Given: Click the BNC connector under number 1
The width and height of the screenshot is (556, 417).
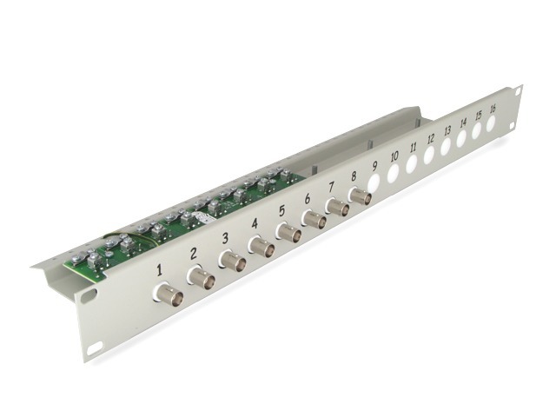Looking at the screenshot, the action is [x=168, y=293].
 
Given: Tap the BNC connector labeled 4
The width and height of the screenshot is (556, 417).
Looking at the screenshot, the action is [x=261, y=247].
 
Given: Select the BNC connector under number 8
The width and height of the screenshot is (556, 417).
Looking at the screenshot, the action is [x=360, y=195].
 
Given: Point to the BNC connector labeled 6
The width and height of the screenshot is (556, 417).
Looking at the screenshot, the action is [x=314, y=220].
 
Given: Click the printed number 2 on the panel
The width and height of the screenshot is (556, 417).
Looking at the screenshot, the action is [x=193, y=254].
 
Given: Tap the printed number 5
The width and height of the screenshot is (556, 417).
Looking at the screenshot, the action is [x=281, y=210].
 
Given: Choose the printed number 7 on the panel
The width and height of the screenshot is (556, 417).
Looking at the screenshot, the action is [x=331, y=187].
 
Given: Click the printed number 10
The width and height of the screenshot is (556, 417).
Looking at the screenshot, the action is [x=394, y=156].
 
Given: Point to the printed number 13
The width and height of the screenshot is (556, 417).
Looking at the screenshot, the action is [x=447, y=130].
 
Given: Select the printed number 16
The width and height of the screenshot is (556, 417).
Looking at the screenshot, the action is [x=493, y=109].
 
